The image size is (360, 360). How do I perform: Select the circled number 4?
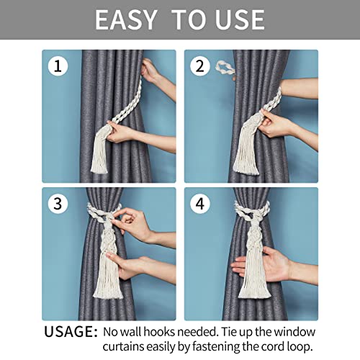[199, 204]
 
